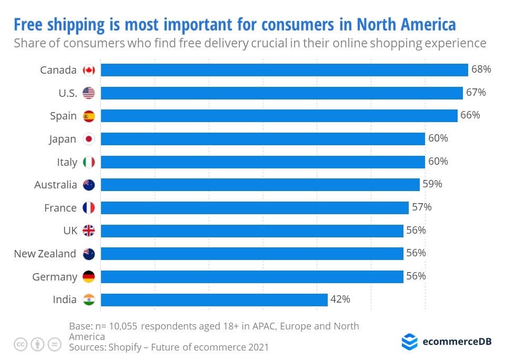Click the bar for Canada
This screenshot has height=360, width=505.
[284, 70]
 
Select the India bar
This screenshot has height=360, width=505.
[214, 299]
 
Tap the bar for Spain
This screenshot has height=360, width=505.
[279, 116]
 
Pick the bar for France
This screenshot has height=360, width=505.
[255, 208]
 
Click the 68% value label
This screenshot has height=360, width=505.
[481, 69]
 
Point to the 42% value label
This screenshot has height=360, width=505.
[340, 299]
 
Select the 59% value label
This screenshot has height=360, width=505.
[432, 184]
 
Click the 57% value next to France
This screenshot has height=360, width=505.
[421, 207]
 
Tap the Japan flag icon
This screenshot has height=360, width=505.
[89, 139]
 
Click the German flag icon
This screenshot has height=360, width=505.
[89, 277]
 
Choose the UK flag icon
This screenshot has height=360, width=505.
[89, 231]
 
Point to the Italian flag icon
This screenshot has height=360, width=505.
[89, 162]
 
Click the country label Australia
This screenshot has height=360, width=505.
[55, 185]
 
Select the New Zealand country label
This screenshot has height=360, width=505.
[45, 254]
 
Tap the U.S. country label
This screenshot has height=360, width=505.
[68, 93]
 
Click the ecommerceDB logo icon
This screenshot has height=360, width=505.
[409, 342]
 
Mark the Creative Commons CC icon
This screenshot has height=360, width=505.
[21, 344]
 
